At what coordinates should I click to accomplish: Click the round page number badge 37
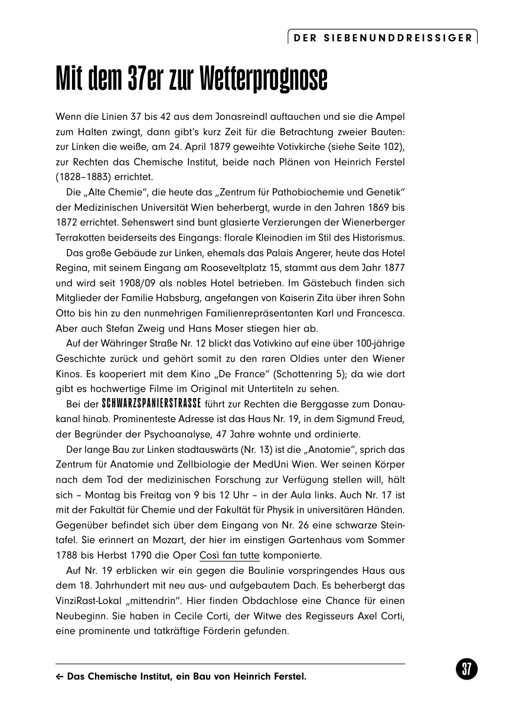tap(466, 670)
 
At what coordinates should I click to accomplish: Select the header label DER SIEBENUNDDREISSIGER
tap(383, 38)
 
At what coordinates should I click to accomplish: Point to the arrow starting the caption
tap(60, 677)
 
